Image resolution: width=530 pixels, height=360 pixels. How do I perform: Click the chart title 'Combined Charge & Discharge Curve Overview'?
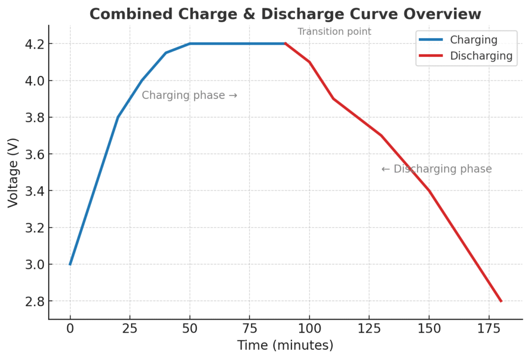tap(285, 14)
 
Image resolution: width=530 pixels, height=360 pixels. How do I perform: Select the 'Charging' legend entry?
tap(473, 40)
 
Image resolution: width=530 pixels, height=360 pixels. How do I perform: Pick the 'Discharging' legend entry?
tap(481, 56)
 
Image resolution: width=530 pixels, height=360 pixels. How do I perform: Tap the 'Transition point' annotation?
tap(334, 32)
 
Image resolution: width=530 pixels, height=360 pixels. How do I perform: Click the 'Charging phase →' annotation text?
tap(189, 95)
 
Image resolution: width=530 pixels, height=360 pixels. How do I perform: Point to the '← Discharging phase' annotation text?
tap(436, 169)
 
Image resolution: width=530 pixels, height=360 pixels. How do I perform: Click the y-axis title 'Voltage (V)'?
tap(13, 172)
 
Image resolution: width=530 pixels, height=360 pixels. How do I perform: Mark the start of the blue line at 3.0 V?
tap(70, 264)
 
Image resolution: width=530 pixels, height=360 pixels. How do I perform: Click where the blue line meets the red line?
tap(285, 43)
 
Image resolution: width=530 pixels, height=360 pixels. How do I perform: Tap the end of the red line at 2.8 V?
tap(501, 301)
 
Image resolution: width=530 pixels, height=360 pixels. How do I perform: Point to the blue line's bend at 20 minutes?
tap(118, 117)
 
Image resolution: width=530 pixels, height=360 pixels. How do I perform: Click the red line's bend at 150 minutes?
tap(429, 191)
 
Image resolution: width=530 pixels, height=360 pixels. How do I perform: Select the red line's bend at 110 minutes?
tap(333, 99)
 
